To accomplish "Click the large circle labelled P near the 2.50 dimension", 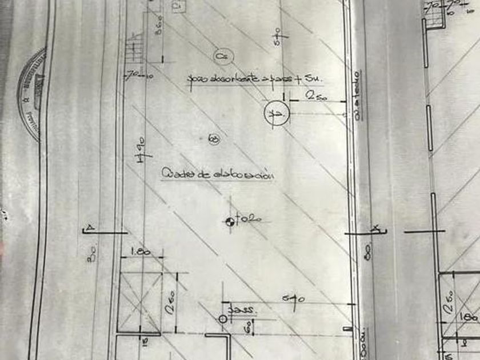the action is tap(277, 114).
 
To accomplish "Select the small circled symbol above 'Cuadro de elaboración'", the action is tap(214, 139).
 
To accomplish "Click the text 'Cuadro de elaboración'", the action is tap(217, 174).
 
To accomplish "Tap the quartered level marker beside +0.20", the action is tap(230, 221).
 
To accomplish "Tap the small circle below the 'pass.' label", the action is tap(223, 319).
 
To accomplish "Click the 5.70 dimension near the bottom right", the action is tap(295, 298).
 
